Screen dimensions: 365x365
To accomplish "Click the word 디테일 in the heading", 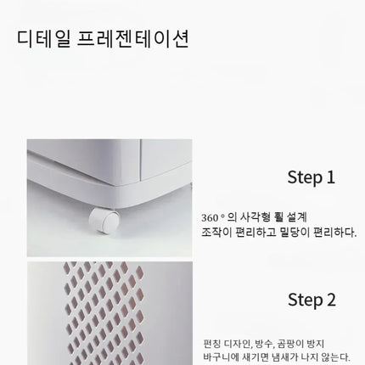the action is (x=44, y=38).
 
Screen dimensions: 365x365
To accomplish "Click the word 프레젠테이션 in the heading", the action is (x=133, y=38).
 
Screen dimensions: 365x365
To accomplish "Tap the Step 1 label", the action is (x=311, y=177).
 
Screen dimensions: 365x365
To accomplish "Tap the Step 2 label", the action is (x=312, y=300).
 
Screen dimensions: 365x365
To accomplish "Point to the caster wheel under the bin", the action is (x=104, y=221).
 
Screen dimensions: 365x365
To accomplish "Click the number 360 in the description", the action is (x=210, y=218).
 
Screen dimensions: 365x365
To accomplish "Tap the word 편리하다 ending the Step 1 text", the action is (x=335, y=233).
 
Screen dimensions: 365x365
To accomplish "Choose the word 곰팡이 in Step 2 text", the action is (x=289, y=344).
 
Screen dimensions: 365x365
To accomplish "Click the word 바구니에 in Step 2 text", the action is (x=222, y=357).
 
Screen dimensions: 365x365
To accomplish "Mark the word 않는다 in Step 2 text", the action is (x=336, y=357).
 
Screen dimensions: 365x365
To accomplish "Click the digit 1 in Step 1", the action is (x=330, y=177).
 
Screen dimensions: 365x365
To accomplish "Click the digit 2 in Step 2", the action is (x=331, y=300).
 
